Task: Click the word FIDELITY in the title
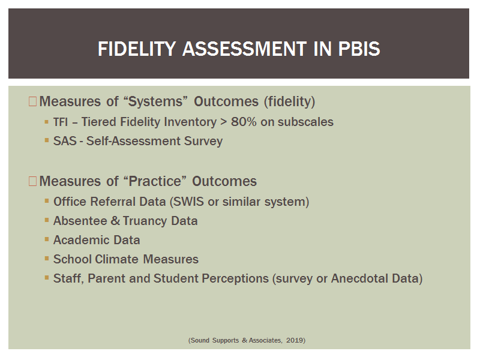(x=137, y=49)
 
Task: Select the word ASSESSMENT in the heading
(x=244, y=49)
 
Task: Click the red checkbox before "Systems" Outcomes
(x=32, y=101)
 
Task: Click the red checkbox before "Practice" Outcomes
(x=32, y=181)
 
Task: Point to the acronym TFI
(x=61, y=122)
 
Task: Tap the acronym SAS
(x=65, y=141)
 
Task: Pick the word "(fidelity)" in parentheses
(x=290, y=101)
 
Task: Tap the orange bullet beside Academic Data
(x=47, y=239)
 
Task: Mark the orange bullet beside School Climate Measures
(x=47, y=259)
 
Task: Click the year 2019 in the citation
(x=295, y=340)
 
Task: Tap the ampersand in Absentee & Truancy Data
(x=115, y=221)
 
